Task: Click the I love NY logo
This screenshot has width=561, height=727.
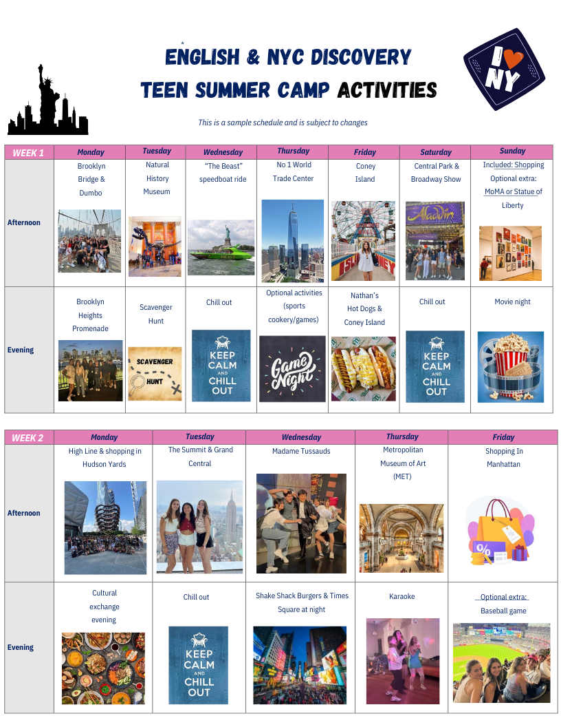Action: [504, 69]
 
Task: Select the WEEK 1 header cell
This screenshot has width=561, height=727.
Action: [29, 153]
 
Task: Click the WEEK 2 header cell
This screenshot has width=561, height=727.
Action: [29, 438]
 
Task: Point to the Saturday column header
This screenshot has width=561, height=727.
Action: [435, 152]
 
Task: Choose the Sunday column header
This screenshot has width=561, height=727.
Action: [512, 152]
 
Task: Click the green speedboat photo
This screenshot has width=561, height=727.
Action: [221, 248]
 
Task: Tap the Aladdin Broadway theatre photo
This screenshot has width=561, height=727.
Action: [435, 241]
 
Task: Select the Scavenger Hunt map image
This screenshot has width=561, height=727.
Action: [155, 374]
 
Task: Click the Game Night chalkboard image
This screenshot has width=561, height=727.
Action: [293, 369]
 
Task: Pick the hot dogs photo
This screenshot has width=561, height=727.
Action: [364, 369]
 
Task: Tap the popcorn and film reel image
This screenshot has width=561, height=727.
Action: [511, 367]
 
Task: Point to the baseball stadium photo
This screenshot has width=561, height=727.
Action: [502, 663]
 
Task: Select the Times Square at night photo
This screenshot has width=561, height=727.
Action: [300, 665]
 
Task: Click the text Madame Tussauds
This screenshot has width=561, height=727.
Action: [301, 451]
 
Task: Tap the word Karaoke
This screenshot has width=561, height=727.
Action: [401, 596]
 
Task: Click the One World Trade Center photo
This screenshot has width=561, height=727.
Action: [293, 241]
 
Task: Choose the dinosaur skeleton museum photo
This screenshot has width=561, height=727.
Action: [155, 246]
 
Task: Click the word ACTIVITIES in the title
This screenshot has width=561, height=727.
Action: [387, 90]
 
